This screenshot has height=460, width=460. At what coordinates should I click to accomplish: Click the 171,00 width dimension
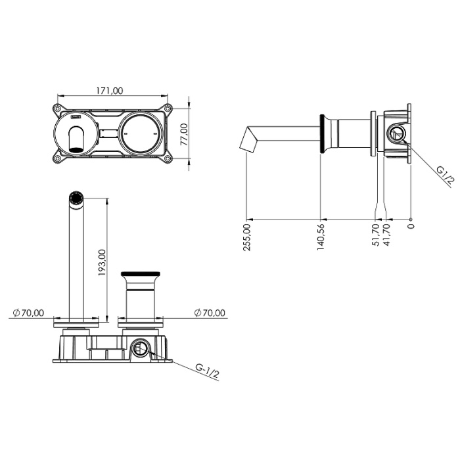[110, 91]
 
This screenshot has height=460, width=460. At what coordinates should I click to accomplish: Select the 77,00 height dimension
[184, 134]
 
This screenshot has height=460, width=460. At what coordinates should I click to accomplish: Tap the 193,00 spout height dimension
[102, 262]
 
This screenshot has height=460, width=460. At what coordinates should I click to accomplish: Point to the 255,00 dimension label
[247, 237]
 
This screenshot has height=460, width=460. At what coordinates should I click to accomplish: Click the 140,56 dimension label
[321, 237]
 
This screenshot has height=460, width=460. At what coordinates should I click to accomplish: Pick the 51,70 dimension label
[376, 235]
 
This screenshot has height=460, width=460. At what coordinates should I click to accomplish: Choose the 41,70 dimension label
[386, 235]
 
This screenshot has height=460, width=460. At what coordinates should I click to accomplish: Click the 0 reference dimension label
[411, 226]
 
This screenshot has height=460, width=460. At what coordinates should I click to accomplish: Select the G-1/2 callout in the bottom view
[207, 371]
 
